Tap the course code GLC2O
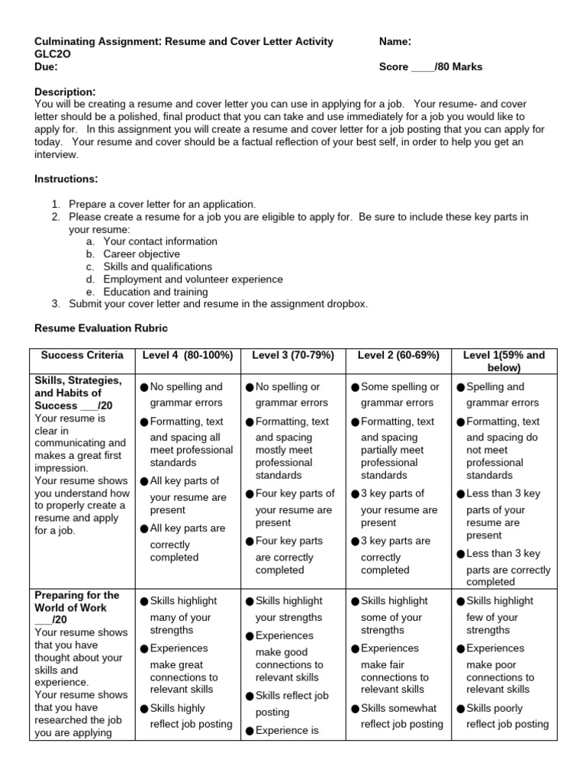[52, 54]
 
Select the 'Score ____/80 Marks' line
[430, 67]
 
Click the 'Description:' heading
[65, 92]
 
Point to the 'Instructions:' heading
[66, 179]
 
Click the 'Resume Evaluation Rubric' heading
[101, 328]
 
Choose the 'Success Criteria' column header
[82, 355]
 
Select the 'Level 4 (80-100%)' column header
[187, 355]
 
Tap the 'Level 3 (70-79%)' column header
[292, 355]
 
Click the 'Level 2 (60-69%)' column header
[398, 355]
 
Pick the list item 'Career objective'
[142, 254]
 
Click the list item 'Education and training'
[156, 292]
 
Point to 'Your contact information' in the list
[160, 241]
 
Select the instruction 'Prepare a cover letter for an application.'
[163, 204]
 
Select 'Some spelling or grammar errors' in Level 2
[400, 395]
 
